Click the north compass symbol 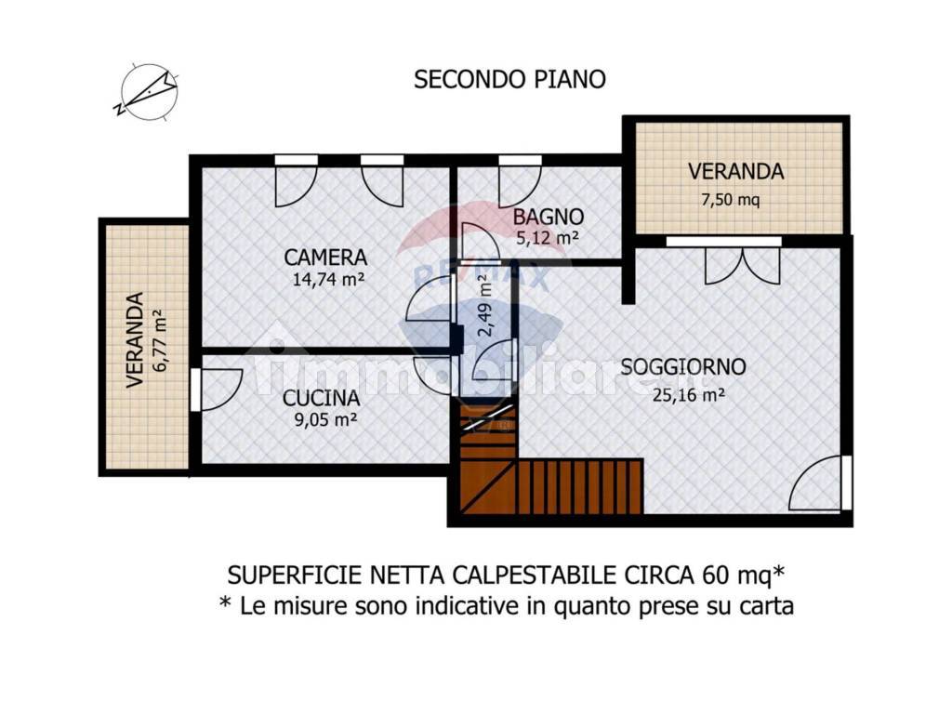(x=149, y=92)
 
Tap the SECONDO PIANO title (x=509, y=79)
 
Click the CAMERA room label (x=325, y=258)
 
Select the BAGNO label (x=549, y=217)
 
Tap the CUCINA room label (x=322, y=398)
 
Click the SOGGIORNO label (x=683, y=366)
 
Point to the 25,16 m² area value (x=688, y=393)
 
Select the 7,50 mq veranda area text (x=734, y=199)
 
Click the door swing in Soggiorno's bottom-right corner (x=818, y=485)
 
